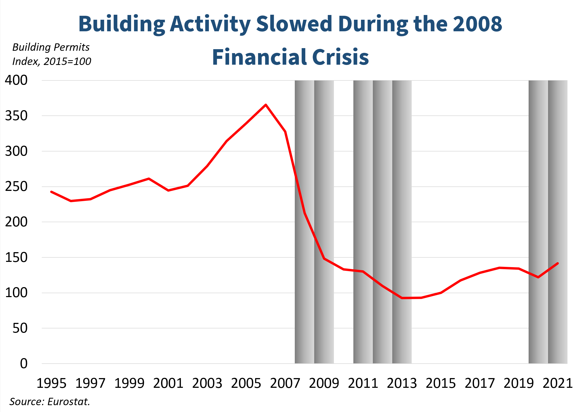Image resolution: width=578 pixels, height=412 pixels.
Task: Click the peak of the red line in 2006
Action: [x=266, y=105]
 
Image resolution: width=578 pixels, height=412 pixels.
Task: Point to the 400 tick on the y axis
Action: [x=16, y=80]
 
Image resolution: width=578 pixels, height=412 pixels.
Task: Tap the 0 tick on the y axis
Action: [x=24, y=364]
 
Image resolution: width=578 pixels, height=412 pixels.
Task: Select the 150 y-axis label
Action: [x=16, y=257]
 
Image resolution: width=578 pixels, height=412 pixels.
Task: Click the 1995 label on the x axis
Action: [x=51, y=383]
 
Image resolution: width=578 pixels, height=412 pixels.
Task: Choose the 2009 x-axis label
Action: [x=324, y=383]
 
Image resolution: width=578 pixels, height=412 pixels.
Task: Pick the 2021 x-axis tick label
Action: [x=558, y=383]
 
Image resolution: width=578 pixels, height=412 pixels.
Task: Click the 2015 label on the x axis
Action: [x=441, y=383]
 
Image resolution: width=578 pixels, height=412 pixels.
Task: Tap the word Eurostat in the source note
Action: [x=69, y=402]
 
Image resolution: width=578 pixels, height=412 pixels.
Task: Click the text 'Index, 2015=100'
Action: [x=51, y=62]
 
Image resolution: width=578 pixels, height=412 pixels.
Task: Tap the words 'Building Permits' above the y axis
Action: [x=51, y=47]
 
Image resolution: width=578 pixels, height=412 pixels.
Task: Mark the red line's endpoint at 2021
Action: [x=558, y=263]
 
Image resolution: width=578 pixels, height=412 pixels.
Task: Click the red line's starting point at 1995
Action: [x=51, y=192]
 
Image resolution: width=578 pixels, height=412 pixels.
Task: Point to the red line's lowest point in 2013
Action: [x=402, y=298]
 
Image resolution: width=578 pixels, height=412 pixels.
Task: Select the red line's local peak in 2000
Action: [x=149, y=179]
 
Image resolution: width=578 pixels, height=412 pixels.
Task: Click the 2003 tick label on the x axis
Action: [x=207, y=383]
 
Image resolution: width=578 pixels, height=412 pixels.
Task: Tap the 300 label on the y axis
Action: [x=16, y=151]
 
